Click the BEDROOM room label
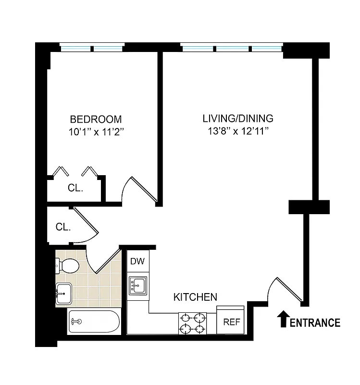(96, 119)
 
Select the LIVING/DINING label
(238, 118)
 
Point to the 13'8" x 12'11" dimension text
(238, 132)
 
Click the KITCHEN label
(195, 297)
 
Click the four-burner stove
(192, 323)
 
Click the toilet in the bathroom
(67, 265)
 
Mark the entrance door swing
(286, 291)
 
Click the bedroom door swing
(139, 190)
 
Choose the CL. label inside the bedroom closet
(75, 189)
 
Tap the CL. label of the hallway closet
(63, 227)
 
